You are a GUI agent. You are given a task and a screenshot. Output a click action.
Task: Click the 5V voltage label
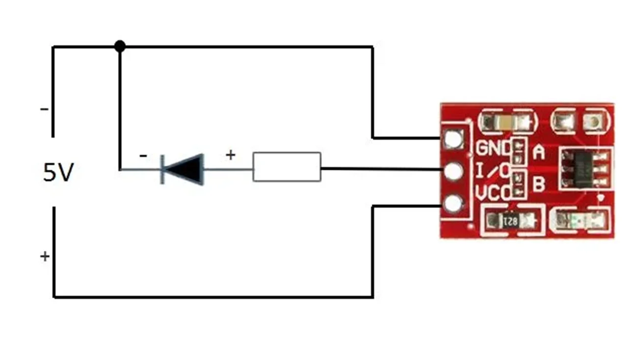click(x=58, y=173)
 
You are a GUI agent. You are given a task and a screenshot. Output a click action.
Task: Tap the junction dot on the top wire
click(x=119, y=47)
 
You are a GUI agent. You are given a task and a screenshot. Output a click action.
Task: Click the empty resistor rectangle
click(x=287, y=167)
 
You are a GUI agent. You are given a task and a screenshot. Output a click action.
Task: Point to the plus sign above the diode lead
click(x=230, y=155)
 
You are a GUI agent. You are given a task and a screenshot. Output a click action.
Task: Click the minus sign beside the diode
click(x=143, y=156)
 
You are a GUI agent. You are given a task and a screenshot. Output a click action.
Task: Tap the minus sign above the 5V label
click(x=44, y=109)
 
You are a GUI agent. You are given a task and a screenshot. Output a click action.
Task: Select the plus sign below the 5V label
click(x=45, y=256)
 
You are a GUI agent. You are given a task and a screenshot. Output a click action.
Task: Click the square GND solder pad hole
click(x=452, y=139)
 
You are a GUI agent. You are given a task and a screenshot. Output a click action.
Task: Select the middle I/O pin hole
click(x=452, y=171)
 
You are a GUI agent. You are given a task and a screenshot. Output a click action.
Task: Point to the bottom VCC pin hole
click(x=452, y=203)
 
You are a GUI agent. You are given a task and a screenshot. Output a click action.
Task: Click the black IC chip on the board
click(x=585, y=169)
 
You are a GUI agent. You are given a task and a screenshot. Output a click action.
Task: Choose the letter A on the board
click(x=538, y=154)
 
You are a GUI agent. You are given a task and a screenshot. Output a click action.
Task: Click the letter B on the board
click(x=538, y=185)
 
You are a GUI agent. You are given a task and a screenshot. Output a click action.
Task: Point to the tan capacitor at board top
click(x=505, y=121)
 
